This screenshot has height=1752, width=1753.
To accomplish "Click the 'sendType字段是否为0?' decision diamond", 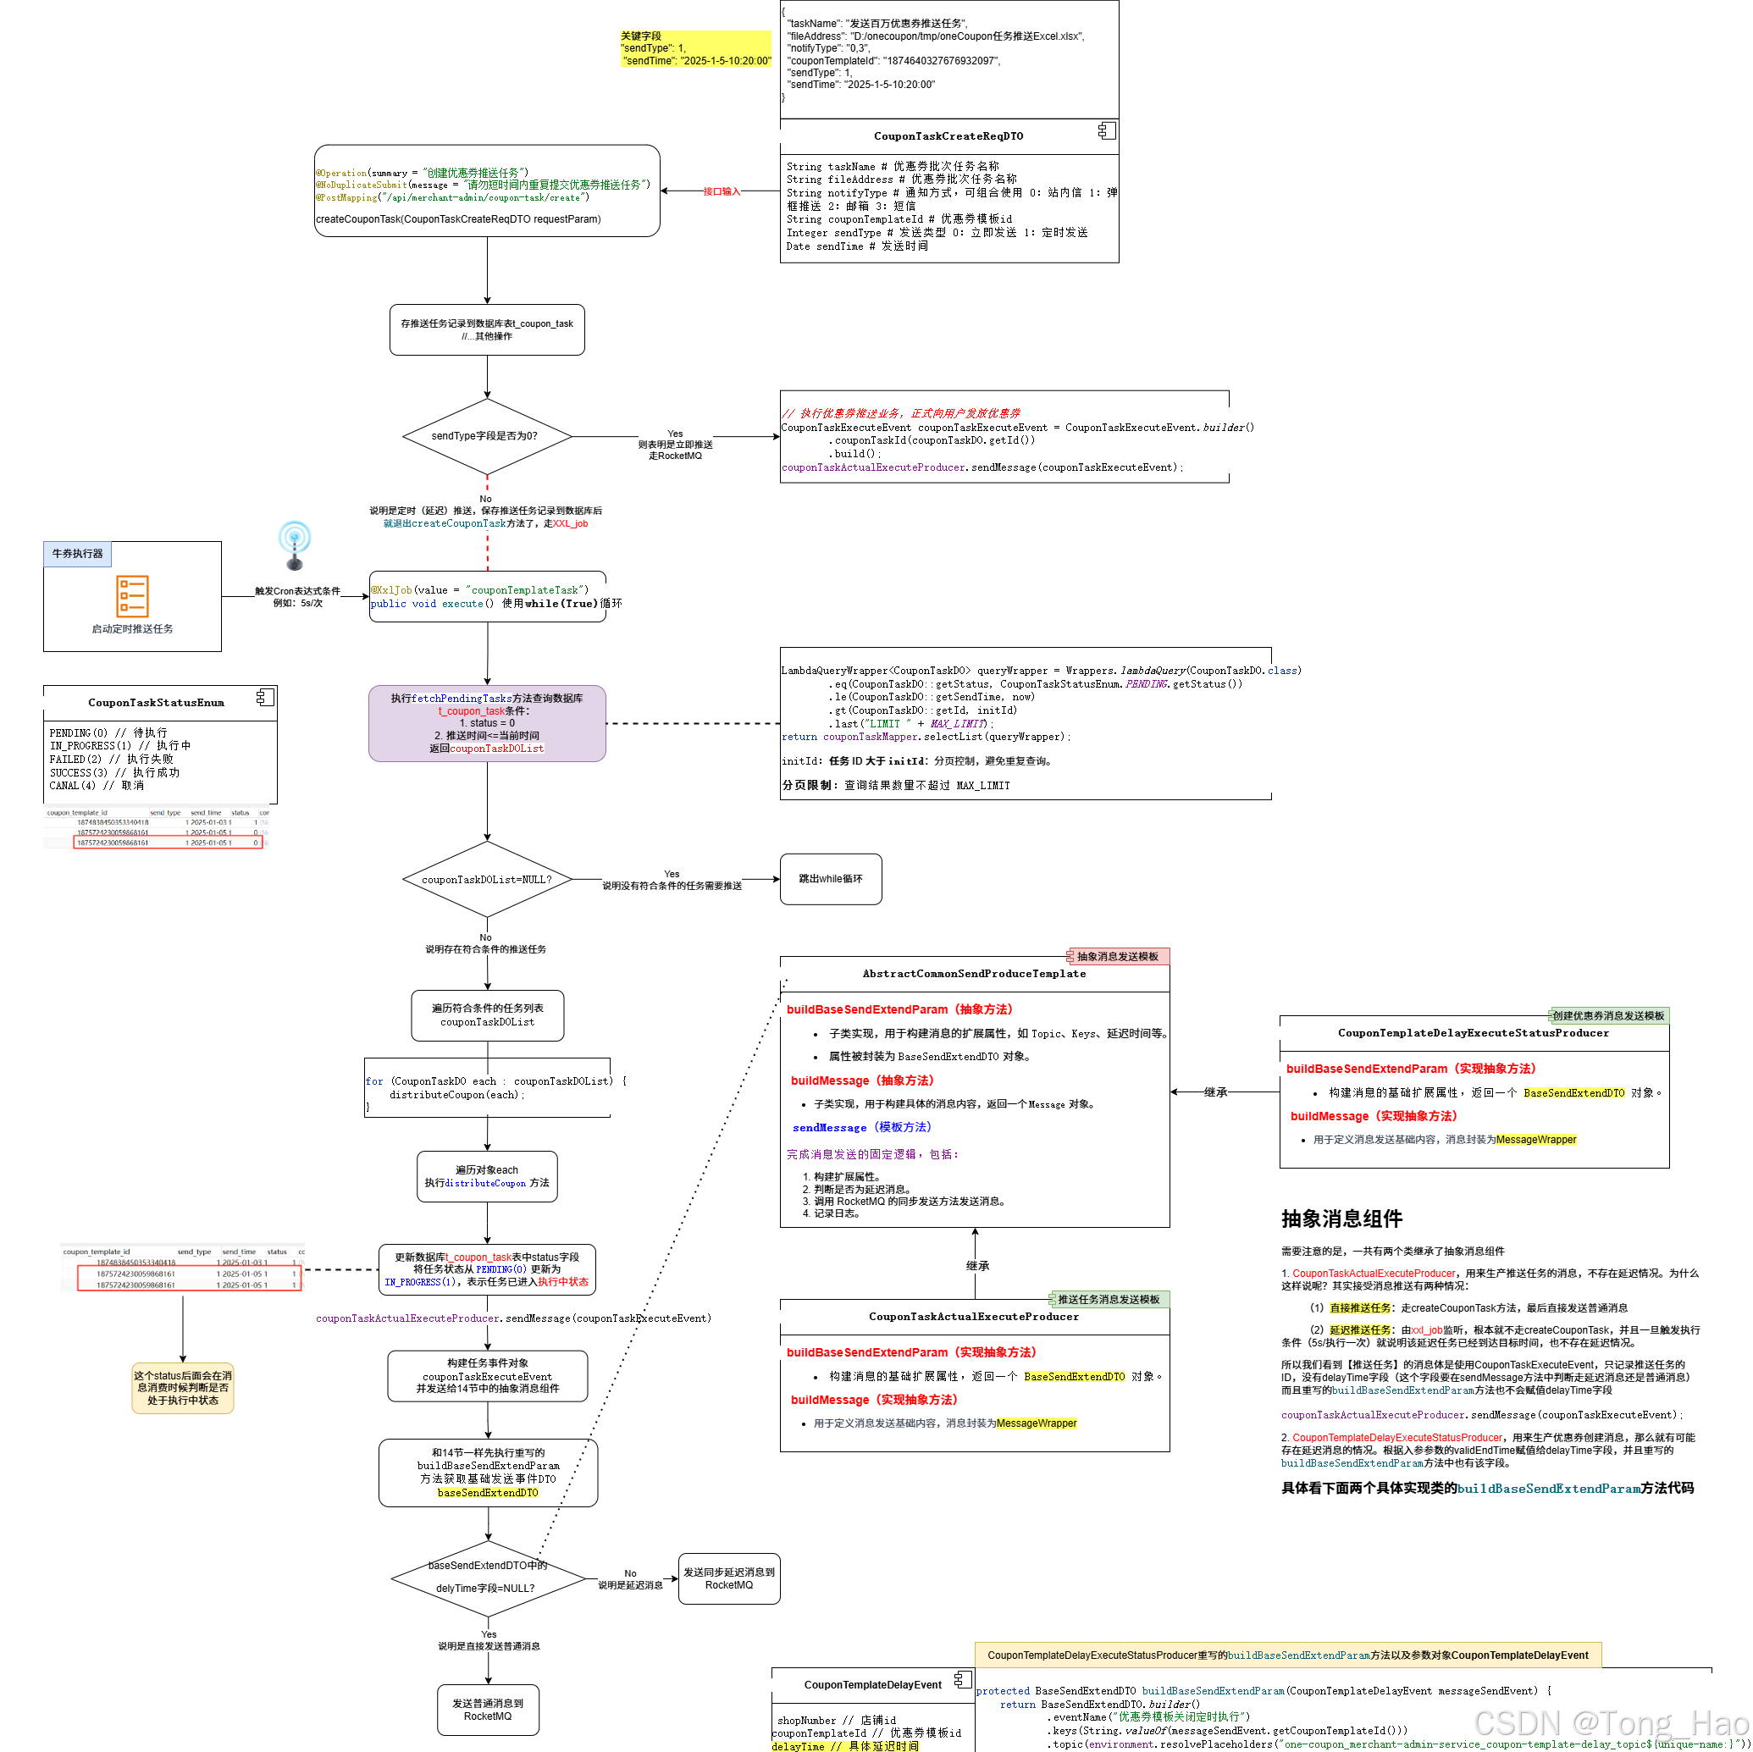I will (x=487, y=436).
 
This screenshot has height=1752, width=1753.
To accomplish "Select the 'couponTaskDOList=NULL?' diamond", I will (x=487, y=879).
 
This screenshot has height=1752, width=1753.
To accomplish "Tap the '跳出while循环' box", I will (x=830, y=879).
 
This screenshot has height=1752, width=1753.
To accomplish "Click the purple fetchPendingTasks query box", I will (x=487, y=723).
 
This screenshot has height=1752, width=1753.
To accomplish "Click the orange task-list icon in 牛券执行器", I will (x=132, y=596).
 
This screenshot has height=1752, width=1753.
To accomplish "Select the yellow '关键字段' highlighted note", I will (x=695, y=49).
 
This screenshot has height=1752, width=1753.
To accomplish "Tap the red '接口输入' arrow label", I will (x=722, y=191).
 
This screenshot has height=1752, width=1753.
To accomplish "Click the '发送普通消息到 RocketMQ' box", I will (x=488, y=1710).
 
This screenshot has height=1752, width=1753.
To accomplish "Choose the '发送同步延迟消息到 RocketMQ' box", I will (x=729, y=1578).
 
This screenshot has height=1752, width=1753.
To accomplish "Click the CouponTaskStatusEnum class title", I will (x=156, y=702).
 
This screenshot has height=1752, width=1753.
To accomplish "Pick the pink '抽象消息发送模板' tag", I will (x=1118, y=956).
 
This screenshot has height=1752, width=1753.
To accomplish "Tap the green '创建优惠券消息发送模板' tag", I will (x=1608, y=1015).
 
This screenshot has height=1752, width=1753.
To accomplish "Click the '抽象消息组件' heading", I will (x=1342, y=1219).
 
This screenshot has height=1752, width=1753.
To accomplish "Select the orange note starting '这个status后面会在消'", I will (x=183, y=1387).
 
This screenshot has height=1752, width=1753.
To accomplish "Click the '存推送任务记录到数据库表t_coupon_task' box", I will (x=487, y=329).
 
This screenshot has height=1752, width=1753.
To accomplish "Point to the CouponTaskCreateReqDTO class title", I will (x=948, y=136).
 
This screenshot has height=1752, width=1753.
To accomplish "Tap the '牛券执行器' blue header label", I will (x=77, y=554).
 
